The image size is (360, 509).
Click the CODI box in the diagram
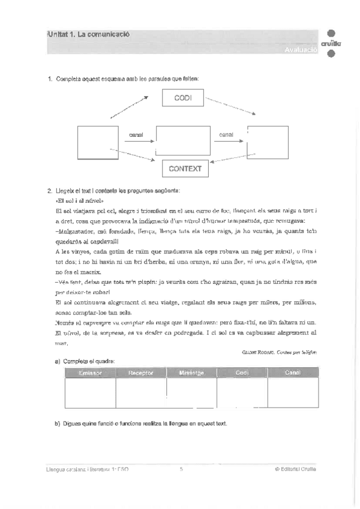183,98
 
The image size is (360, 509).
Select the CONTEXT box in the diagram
184,169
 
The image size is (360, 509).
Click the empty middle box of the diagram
183,142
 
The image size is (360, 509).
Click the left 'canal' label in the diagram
136,134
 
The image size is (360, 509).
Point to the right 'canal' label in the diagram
226,134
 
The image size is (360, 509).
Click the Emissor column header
90,373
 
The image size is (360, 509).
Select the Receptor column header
141,373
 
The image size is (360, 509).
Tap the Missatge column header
191,373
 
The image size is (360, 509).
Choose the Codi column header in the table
242,373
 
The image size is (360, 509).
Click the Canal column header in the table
292,373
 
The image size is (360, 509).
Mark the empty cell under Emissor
90,393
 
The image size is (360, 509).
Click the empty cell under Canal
292,393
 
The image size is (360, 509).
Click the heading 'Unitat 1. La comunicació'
88,34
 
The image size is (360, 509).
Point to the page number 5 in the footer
181,469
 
